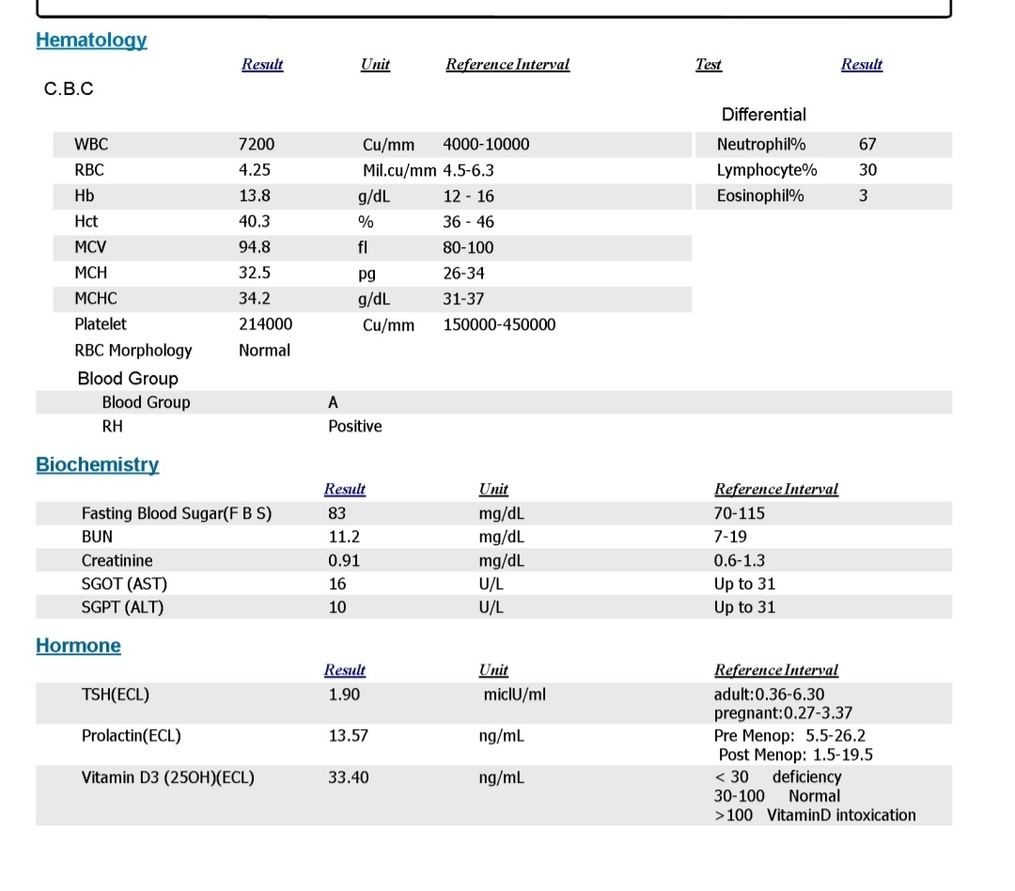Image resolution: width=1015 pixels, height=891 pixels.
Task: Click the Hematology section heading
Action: (x=91, y=40)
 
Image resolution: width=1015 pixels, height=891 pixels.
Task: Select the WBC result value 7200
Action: (x=257, y=145)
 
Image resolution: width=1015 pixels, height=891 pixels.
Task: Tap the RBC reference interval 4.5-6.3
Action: (x=468, y=170)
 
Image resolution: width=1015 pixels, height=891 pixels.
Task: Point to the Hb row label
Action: (x=84, y=195)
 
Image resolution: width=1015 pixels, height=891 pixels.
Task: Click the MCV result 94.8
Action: (x=256, y=247)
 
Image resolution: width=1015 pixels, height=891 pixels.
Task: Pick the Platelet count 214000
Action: (x=265, y=324)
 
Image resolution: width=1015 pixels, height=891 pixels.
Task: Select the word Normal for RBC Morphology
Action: (x=264, y=351)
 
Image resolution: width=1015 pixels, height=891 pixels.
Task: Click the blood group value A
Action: (x=334, y=402)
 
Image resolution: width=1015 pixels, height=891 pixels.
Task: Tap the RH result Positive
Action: (x=354, y=427)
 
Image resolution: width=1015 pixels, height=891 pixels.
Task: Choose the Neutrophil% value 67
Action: (x=867, y=145)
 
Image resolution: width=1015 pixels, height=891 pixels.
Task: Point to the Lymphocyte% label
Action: (x=766, y=170)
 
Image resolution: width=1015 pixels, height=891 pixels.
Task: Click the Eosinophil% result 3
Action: (x=864, y=195)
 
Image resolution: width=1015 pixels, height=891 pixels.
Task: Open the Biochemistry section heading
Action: (x=97, y=464)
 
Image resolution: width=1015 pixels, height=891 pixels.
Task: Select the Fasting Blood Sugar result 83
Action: (x=336, y=513)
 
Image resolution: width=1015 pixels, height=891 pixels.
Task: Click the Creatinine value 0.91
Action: (x=343, y=561)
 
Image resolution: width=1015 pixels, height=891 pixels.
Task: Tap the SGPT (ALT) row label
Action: (x=122, y=607)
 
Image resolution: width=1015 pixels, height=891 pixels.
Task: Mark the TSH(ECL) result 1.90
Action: (x=344, y=695)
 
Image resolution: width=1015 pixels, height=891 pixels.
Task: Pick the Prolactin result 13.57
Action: (x=348, y=736)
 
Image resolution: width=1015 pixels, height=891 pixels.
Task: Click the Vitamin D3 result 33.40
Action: (x=348, y=777)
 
